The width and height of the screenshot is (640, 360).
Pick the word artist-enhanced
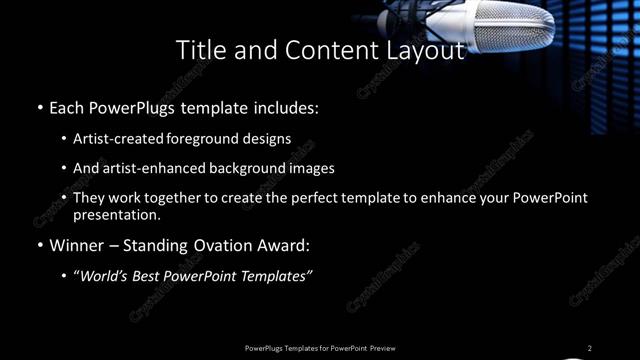pyautogui.click(x=154, y=169)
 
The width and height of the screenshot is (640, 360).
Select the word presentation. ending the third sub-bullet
pyautogui.click(x=117, y=215)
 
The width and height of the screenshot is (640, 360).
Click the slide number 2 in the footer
pyautogui.click(x=590, y=348)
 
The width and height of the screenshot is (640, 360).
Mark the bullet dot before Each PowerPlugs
pyautogui.click(x=40, y=107)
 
